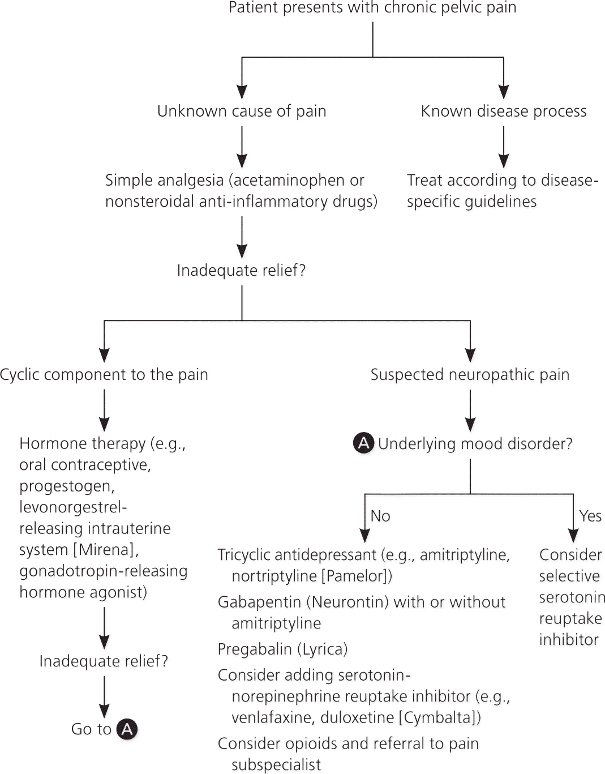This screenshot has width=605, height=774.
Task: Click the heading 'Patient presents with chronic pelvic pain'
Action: (x=372, y=8)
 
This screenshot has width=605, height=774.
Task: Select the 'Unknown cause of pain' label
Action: (x=242, y=111)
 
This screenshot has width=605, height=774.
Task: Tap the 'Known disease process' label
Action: (x=504, y=111)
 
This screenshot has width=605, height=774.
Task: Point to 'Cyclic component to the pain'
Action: (x=104, y=375)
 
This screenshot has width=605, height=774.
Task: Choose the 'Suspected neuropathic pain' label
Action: (x=470, y=375)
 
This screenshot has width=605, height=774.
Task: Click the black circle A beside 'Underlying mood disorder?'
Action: (x=363, y=443)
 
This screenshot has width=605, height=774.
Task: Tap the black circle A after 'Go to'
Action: (x=127, y=729)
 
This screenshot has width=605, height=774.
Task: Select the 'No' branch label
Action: (x=380, y=516)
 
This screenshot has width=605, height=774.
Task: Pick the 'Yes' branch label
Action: (x=590, y=516)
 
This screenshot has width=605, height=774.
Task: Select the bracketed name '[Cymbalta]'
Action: (x=439, y=718)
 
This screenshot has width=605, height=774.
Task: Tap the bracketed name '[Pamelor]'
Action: (x=354, y=576)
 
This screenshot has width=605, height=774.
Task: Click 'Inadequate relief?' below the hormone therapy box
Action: (x=104, y=661)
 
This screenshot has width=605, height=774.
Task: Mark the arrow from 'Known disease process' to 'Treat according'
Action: (x=504, y=147)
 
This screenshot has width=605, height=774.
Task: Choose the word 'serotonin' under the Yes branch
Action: (x=572, y=597)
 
